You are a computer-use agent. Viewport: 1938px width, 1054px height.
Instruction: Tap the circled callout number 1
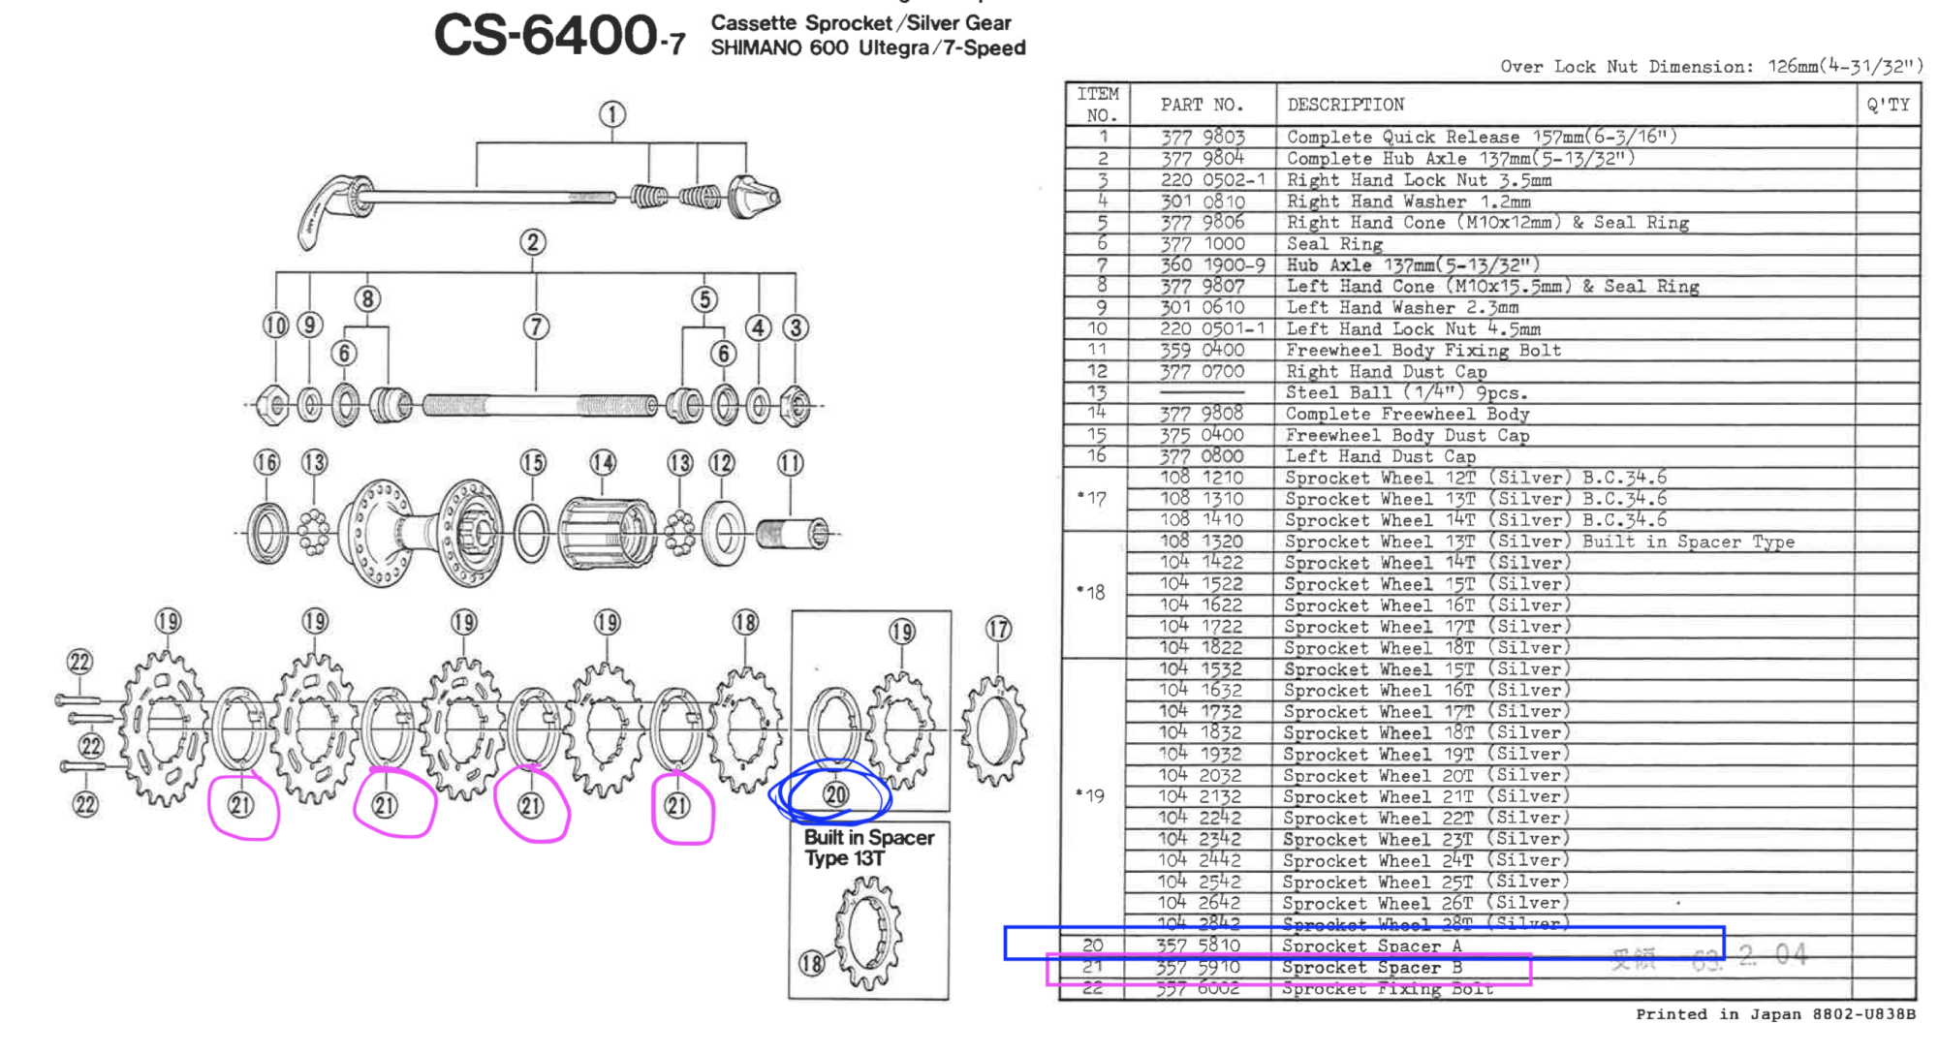tap(611, 114)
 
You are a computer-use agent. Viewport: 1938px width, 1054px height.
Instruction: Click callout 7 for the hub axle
tap(536, 327)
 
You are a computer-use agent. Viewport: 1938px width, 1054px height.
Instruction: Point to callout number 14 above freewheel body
tap(603, 463)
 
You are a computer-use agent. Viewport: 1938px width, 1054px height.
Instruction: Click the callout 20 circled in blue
tap(835, 795)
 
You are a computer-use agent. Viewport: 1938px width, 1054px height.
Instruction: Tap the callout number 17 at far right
tap(998, 630)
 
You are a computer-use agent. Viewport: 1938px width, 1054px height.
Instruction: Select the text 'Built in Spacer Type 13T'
tap(868, 848)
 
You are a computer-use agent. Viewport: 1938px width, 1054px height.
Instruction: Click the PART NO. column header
tap(1202, 105)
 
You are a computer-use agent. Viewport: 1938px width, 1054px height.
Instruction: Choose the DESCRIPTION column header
tap(1345, 105)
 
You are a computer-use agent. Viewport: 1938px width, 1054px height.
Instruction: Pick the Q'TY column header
tap(1888, 105)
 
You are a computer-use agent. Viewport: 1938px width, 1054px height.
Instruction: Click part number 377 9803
tap(1203, 138)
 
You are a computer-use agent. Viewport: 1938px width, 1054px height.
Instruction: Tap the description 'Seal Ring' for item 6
tap(1334, 244)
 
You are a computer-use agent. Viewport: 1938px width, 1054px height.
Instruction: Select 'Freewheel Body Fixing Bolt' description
tap(1423, 351)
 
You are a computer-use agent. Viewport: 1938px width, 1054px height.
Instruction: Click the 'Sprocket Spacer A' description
tap(1371, 946)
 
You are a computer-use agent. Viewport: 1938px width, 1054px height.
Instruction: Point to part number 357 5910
tap(1198, 967)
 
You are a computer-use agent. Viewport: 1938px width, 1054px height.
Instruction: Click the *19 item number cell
tap(1093, 796)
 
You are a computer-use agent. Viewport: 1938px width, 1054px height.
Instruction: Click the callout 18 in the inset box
tap(811, 963)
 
